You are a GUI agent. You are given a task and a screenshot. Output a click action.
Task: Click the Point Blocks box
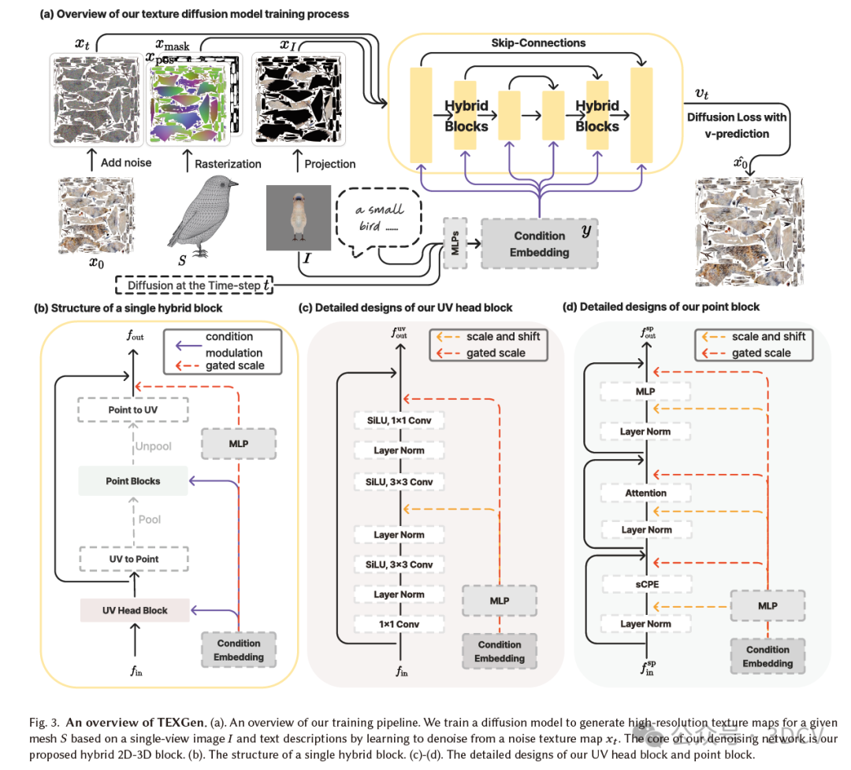click(133, 481)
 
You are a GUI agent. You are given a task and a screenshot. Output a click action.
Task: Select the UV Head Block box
click(135, 610)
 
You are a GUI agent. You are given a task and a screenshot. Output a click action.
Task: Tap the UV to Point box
click(133, 559)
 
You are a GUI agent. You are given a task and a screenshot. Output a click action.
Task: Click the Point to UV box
click(133, 410)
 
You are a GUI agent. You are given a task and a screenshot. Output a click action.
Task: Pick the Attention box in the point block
click(646, 493)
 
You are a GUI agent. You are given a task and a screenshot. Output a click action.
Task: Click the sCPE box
click(646, 585)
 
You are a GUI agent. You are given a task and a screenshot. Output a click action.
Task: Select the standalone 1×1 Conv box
click(398, 624)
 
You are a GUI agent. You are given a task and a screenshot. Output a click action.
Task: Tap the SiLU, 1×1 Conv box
click(398, 421)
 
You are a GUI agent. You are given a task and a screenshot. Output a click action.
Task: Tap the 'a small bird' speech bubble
click(383, 218)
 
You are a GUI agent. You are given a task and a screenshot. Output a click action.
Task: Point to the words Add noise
click(126, 164)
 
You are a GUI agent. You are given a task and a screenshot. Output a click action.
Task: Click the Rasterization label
click(228, 164)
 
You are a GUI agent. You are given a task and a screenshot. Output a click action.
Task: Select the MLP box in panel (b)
click(238, 444)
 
